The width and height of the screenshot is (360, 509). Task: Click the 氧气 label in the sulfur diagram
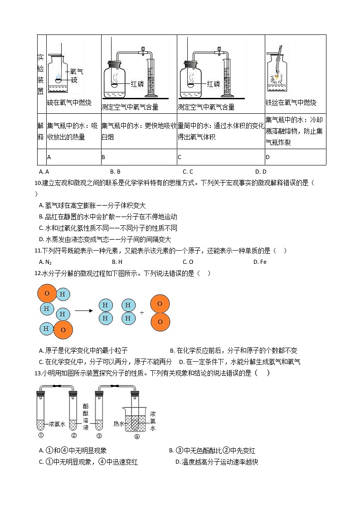(x=77, y=72)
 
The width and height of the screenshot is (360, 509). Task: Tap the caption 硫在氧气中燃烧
(x=69, y=103)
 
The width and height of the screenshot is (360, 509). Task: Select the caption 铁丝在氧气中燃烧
(x=291, y=103)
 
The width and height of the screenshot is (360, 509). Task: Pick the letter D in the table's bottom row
(x=268, y=157)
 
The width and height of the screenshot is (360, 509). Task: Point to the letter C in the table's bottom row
(x=180, y=157)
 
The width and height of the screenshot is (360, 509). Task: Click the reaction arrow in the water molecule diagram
(x=84, y=311)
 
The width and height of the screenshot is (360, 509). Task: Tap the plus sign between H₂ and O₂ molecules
(x=142, y=312)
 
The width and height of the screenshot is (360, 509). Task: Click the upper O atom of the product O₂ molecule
(x=160, y=304)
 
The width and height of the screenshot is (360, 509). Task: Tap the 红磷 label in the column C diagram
(x=214, y=84)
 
